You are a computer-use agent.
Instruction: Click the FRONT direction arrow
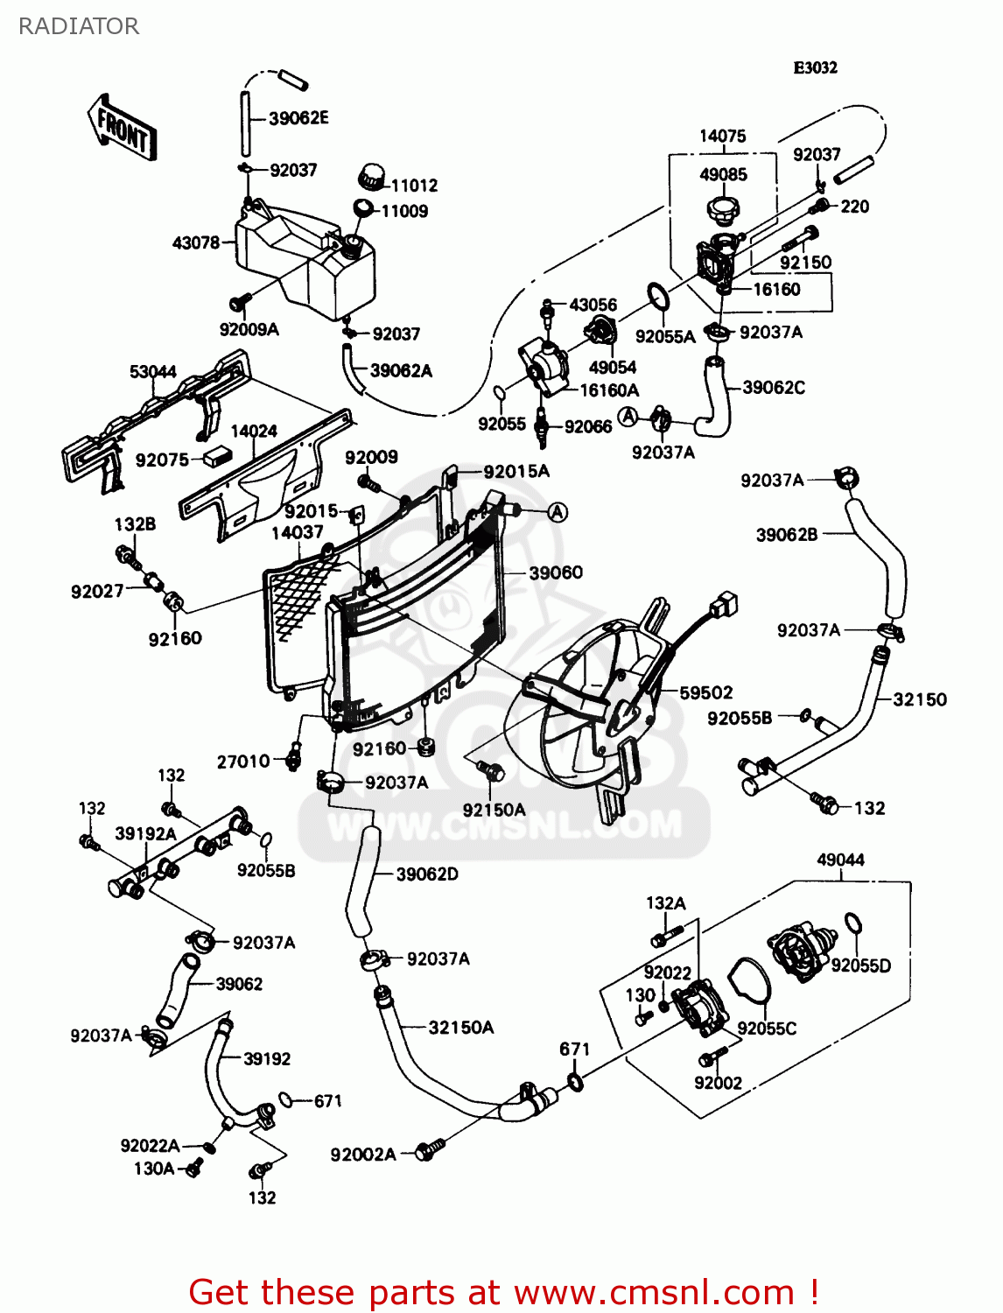click(x=122, y=128)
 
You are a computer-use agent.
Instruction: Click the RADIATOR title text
click(x=79, y=26)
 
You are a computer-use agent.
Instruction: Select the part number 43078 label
click(x=196, y=242)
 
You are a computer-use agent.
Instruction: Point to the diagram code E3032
click(x=815, y=67)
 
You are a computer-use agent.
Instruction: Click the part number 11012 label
click(x=414, y=186)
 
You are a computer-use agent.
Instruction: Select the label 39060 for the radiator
click(x=556, y=572)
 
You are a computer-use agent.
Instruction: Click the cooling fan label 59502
click(x=706, y=692)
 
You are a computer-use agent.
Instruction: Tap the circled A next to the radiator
click(x=558, y=512)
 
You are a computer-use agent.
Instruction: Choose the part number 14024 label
click(x=254, y=431)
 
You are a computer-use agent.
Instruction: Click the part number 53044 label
click(x=153, y=372)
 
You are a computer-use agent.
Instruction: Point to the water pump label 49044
click(x=840, y=860)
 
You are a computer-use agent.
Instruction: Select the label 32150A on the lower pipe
click(x=460, y=1028)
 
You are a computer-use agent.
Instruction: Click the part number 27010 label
click(x=243, y=762)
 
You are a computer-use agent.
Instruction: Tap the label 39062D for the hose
click(x=427, y=874)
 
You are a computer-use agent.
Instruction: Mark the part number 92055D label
click(x=860, y=965)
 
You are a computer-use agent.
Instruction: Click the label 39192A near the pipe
click(x=145, y=833)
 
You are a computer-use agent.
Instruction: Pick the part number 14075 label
click(x=722, y=136)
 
